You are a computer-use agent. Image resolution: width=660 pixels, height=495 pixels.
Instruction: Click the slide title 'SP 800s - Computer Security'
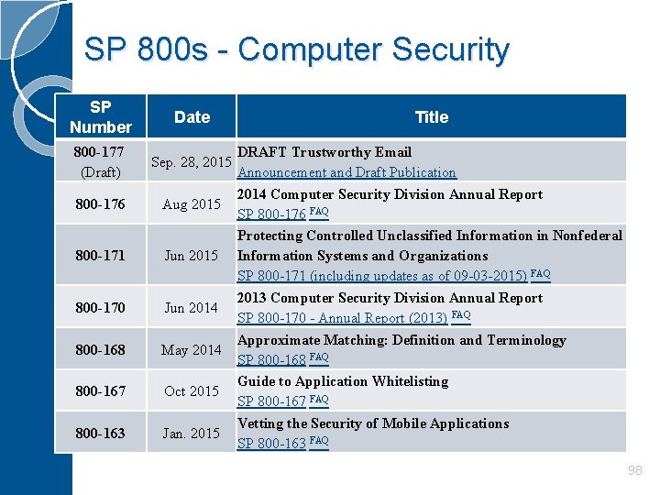[x=296, y=49]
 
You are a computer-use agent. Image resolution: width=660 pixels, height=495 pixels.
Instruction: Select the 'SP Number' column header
[x=101, y=117]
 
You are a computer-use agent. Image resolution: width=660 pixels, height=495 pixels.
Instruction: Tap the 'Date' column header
[x=192, y=116]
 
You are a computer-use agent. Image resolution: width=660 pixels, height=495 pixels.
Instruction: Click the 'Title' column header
[x=431, y=116]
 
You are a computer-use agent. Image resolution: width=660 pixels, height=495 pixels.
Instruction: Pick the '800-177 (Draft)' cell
[x=101, y=161]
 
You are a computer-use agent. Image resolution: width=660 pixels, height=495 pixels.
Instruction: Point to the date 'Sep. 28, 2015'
[x=191, y=162]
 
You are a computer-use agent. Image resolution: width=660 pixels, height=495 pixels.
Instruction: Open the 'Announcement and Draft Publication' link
[x=346, y=172]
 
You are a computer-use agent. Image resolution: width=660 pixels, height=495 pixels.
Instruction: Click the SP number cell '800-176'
[x=101, y=203]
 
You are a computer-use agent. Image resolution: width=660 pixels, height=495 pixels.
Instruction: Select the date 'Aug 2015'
[x=191, y=203]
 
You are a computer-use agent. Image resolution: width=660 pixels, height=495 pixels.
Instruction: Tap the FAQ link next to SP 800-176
[x=319, y=213]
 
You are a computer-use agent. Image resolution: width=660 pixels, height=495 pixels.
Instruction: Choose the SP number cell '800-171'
[x=101, y=256]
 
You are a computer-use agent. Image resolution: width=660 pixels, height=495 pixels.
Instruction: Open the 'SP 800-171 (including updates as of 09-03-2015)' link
[x=381, y=276]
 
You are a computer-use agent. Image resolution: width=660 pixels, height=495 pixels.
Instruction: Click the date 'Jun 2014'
[x=191, y=308]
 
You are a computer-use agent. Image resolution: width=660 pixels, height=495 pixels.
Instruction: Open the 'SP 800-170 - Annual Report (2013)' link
[x=343, y=318]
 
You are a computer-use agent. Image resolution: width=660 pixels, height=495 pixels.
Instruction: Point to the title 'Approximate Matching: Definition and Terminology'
[x=401, y=340]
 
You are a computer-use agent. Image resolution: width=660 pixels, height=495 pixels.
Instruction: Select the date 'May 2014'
[x=191, y=349]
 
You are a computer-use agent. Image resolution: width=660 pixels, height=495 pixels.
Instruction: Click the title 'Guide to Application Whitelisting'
[x=343, y=381]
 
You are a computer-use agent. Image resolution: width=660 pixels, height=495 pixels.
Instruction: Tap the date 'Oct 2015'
[x=191, y=391]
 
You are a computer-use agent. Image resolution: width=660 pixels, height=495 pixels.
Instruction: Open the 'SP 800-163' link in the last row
[x=271, y=444]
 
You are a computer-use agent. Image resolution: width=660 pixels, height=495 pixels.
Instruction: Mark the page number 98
[x=634, y=470]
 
